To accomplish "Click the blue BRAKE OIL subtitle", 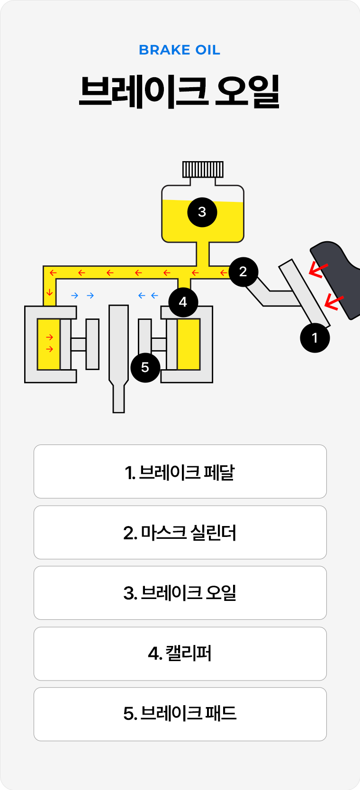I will (180, 50).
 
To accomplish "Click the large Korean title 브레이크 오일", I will (180, 91).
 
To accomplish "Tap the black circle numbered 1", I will (315, 338).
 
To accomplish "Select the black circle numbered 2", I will (243, 272).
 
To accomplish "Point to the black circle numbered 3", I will (202, 212).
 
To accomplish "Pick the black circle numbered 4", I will (183, 302).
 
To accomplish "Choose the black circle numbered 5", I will (145, 367).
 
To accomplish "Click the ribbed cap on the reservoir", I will (203, 169).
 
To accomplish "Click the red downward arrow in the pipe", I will (50, 292).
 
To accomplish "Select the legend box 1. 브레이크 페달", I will (180, 472).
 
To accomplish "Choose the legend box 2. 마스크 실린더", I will (180, 532).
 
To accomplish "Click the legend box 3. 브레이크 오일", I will (180, 593).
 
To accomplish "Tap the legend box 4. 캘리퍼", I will (180, 654).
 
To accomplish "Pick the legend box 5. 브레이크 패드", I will (180, 714).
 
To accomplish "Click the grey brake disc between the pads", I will (118, 351).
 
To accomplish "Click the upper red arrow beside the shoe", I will (318, 270).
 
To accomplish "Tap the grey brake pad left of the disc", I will (93, 344).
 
